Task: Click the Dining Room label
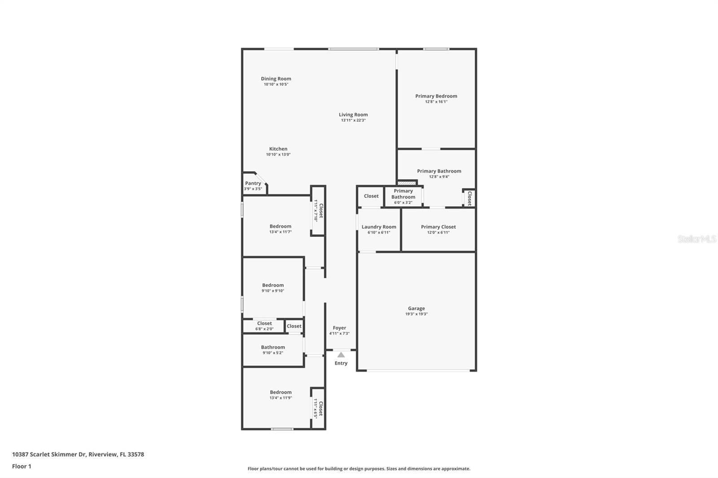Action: pyautogui.click(x=276, y=79)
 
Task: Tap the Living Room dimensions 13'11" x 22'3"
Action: pyautogui.click(x=353, y=120)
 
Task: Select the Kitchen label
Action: pyautogui.click(x=278, y=149)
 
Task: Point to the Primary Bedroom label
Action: pyautogui.click(x=436, y=96)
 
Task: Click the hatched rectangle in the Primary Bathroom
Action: pyautogui.click(x=407, y=183)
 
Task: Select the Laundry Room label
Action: pyautogui.click(x=379, y=227)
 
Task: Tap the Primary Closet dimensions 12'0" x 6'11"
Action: pyautogui.click(x=438, y=232)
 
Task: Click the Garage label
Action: pyautogui.click(x=416, y=309)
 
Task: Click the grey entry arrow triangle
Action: pyautogui.click(x=341, y=355)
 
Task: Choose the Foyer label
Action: pyautogui.click(x=339, y=328)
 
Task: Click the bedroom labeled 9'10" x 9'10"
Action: pyautogui.click(x=273, y=287)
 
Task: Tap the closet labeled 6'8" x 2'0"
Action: pyautogui.click(x=264, y=326)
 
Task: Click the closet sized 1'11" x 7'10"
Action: pyautogui.click(x=318, y=211)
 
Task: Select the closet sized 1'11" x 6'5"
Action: pyautogui.click(x=318, y=408)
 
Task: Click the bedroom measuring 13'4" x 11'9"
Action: pyautogui.click(x=280, y=395)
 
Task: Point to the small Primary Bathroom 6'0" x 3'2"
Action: pyautogui.click(x=403, y=196)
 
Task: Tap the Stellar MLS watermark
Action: pyautogui.click(x=696, y=239)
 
